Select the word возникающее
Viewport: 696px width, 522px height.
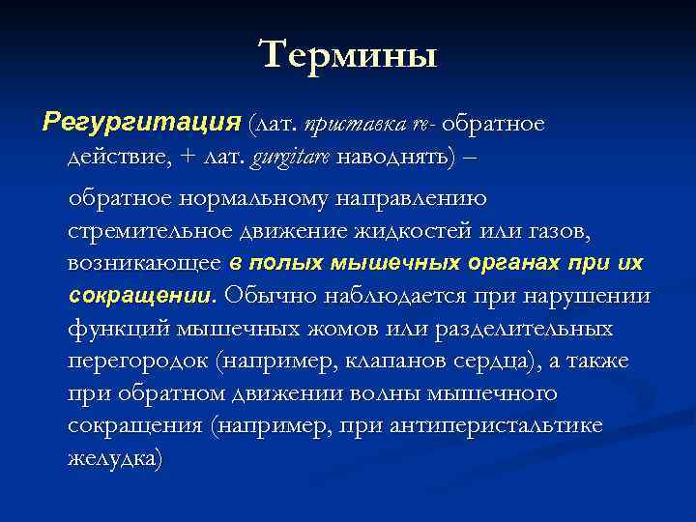pos(144,263)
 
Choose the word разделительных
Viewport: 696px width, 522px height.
pos(524,329)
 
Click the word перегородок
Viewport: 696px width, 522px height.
pos(138,361)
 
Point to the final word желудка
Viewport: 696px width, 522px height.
pos(115,458)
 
